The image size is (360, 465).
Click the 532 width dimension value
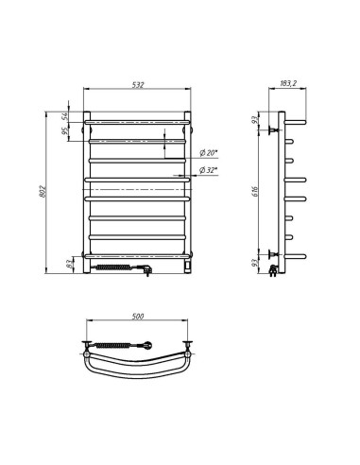tap(138, 86)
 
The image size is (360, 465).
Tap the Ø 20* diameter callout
tap(209, 152)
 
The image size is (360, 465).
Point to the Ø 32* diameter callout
tap(209, 170)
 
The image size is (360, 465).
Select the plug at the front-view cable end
tap(147, 271)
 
